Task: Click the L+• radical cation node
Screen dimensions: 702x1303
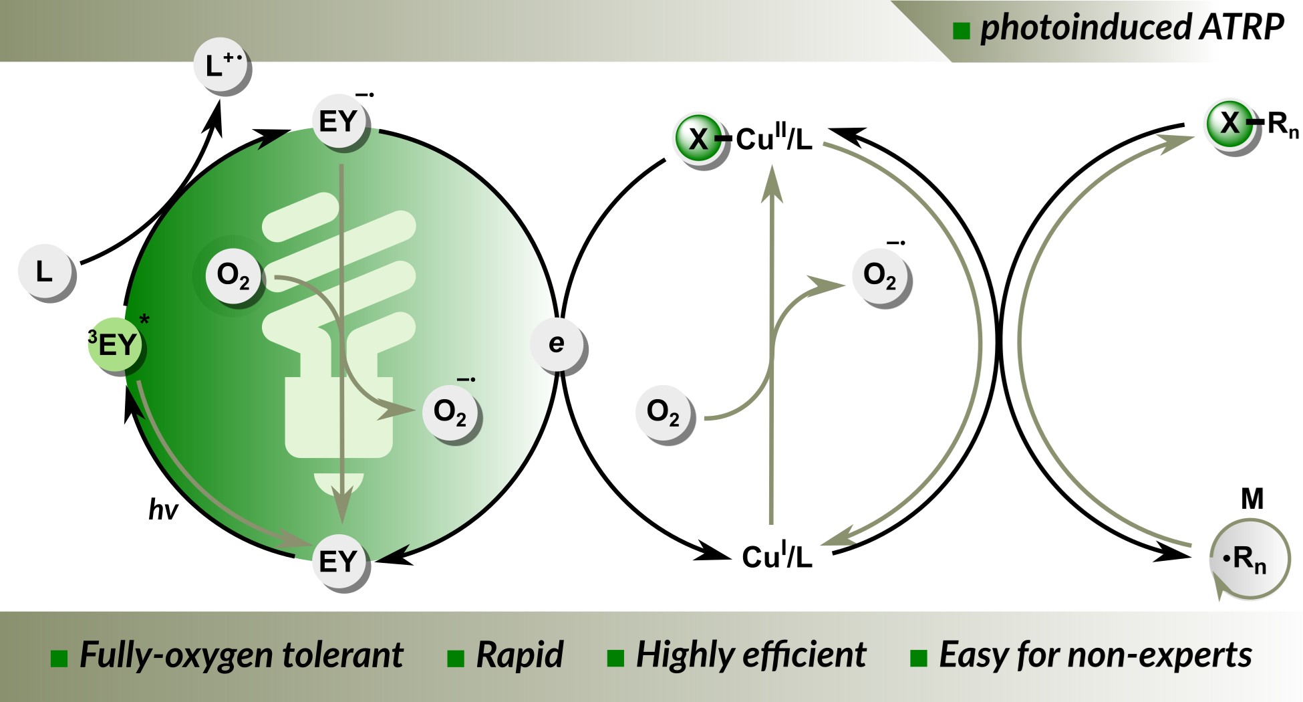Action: point(221,66)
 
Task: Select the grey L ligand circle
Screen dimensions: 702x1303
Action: point(45,272)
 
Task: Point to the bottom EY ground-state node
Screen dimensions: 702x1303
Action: point(339,562)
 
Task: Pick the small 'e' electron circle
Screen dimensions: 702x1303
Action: point(557,344)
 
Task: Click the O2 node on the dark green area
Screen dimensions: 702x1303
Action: point(234,275)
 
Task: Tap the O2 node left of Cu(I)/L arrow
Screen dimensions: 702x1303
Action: point(663,413)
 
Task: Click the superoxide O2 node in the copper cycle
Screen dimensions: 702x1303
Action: point(880,275)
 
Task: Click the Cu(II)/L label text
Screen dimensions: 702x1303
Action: point(774,139)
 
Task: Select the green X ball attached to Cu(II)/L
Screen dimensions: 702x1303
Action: point(699,139)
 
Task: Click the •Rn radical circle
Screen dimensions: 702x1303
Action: point(1248,559)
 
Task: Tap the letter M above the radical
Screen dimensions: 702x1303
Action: point(1252,499)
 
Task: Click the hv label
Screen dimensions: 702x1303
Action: point(163,510)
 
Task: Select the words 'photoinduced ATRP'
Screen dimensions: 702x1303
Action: point(1131,28)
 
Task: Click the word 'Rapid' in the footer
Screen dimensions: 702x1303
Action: point(519,655)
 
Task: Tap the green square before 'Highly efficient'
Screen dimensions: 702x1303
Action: point(615,658)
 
